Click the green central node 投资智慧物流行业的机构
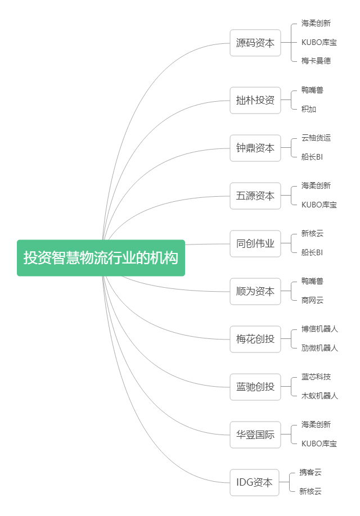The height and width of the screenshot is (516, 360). pos(101,258)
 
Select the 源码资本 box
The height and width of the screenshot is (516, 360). pos(255,43)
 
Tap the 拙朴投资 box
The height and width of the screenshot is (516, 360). pos(255,101)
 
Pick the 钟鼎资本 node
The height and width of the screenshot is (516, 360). pos(255,148)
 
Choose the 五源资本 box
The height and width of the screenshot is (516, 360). pos(255,196)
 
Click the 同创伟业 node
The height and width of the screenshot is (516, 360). pos(255,243)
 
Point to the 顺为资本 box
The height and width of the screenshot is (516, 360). pos(255,291)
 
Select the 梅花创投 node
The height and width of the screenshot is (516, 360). pos(255,339)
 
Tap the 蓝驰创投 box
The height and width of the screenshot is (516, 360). pos(255,387)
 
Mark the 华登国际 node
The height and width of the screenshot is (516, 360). pos(255,434)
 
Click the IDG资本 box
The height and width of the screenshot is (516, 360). pos(254,482)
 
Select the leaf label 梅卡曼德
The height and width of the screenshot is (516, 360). pos(316,61)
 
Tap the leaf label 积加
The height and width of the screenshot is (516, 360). pos(308,109)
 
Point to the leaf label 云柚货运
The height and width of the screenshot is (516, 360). pos(316,138)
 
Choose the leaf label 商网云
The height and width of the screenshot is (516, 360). pos(312,300)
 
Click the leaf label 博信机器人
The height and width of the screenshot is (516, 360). pos(319,329)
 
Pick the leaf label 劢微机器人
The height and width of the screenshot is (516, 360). pos(319,348)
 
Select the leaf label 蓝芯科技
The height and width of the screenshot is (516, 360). pos(316,377)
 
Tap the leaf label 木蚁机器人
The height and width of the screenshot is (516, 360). pos(319,396)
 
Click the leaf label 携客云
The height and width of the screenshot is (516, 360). pos(310,472)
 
